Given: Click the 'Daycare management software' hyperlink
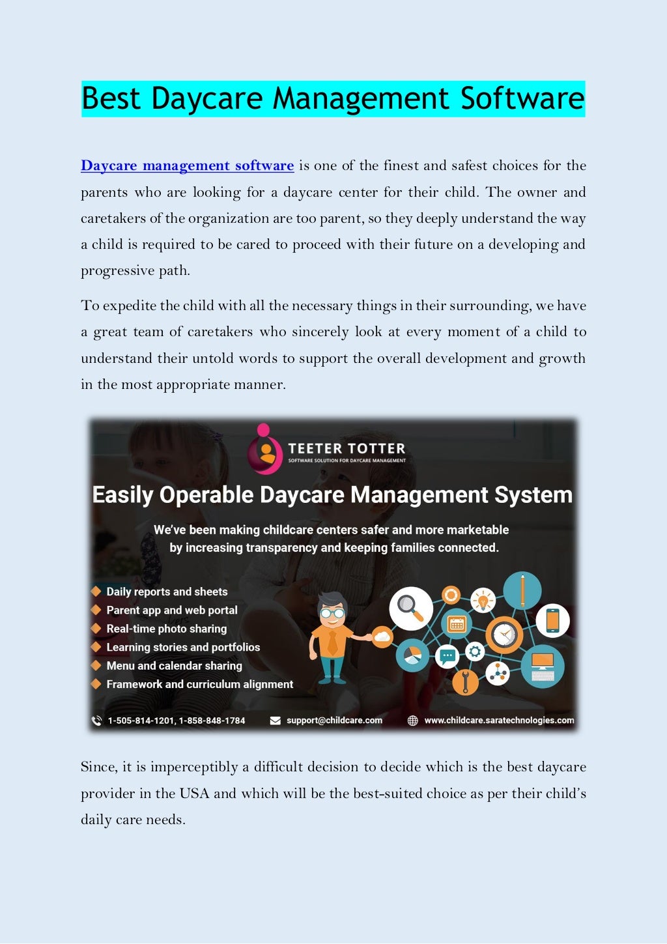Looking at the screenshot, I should pos(187,165).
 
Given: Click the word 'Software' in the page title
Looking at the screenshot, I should pos(522,98).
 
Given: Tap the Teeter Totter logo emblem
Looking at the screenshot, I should pos(264,449).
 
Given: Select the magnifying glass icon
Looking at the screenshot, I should pos(410,608).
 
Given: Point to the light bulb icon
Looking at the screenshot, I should pos(483,599).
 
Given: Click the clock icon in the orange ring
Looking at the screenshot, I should pos(504,634).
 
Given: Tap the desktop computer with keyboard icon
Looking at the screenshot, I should pos(543,666).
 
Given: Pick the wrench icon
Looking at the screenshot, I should pos(465,681).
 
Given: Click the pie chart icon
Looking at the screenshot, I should pos(412,655).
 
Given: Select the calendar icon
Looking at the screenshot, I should pos(457,624).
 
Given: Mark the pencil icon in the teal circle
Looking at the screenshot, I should pos(522,590).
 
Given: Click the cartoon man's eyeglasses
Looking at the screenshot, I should pos(333,613).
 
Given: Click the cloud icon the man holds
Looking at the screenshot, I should pos(382,636).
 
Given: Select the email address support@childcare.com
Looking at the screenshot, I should pos(334,720).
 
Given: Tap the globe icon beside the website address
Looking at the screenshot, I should pos(412,720).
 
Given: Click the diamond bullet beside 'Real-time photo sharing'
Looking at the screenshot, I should pos(96,629).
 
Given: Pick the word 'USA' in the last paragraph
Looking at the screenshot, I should pos(194,794).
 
